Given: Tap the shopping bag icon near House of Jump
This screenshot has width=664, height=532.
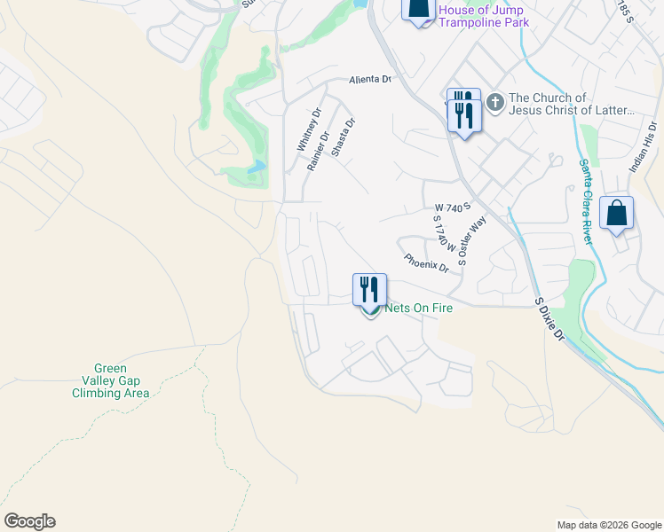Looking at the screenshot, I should click(418, 8).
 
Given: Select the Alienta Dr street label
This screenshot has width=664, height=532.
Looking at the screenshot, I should click(369, 79).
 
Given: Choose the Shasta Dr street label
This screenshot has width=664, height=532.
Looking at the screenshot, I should click(343, 137).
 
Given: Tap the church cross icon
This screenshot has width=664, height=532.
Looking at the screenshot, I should click(494, 104).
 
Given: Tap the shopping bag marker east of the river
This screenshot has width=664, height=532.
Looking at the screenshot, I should click(616, 215).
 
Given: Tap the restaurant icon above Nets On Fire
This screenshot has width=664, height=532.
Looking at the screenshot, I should click(369, 289).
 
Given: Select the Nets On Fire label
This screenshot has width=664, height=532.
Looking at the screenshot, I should click(413, 309).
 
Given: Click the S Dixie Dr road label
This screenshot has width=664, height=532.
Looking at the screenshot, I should click(550, 319).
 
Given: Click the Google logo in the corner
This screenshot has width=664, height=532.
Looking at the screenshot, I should click(29, 521).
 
